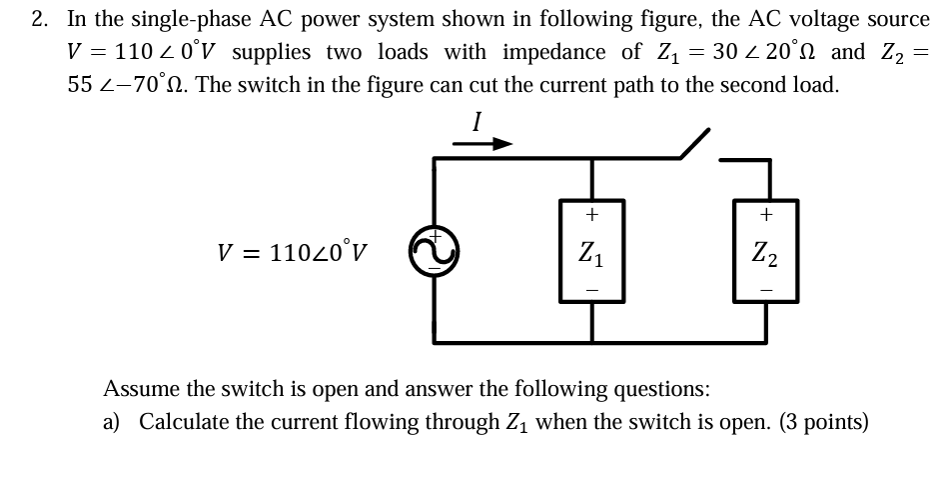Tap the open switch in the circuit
click(695, 144)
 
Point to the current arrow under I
click(482, 144)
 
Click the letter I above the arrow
click(477, 122)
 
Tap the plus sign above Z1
click(592, 213)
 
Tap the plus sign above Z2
click(766, 213)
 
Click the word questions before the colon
click(660, 388)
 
